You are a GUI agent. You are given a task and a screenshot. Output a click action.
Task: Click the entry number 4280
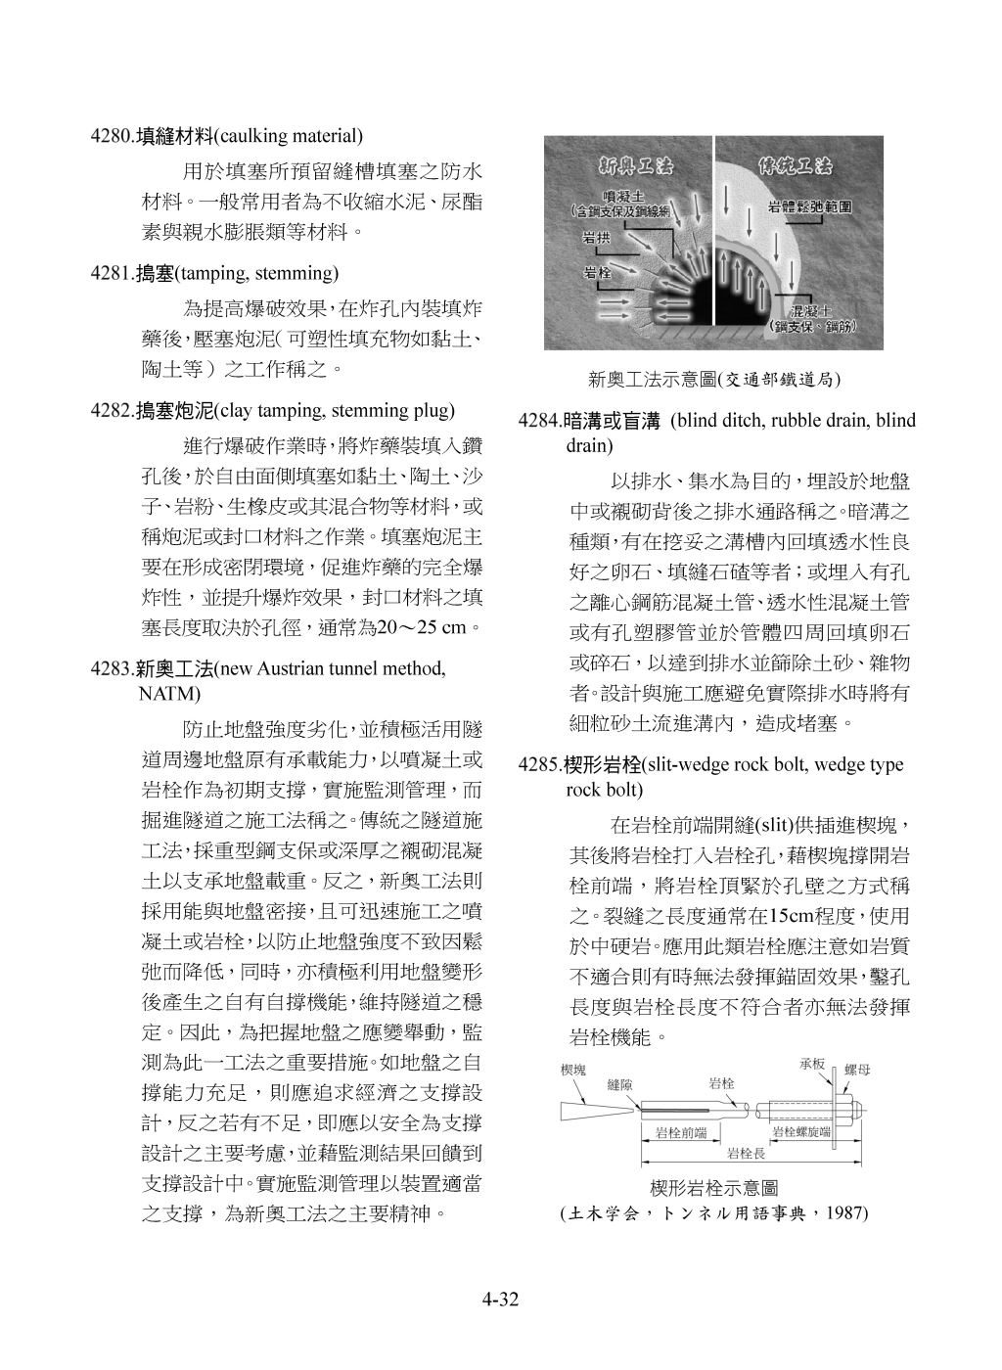[x=110, y=135]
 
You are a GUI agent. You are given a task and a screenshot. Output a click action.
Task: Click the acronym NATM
[x=169, y=695]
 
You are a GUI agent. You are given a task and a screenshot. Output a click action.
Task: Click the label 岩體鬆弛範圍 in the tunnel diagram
[x=808, y=208]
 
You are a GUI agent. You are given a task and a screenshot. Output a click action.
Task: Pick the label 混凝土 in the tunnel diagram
[x=805, y=310]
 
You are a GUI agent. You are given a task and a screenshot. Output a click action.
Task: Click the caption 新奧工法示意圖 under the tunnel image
[x=652, y=379]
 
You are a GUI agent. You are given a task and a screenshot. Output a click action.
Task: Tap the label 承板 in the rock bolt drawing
[x=813, y=1064]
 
